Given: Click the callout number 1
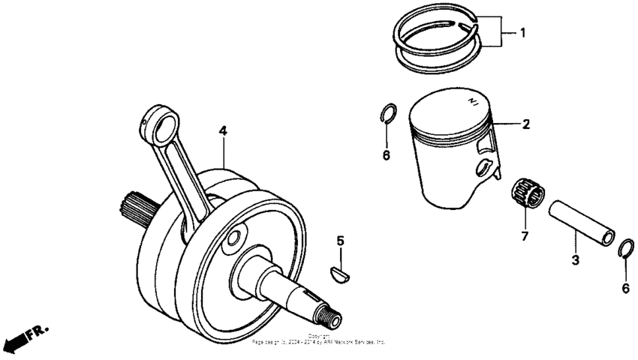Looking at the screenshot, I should [x=524, y=33].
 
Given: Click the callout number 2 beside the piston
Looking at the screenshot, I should [x=526, y=124].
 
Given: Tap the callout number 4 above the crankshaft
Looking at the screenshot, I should [x=223, y=130].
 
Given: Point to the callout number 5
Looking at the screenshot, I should [x=340, y=241].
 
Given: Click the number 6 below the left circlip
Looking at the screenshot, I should [x=387, y=155].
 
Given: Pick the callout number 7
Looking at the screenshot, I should [x=525, y=237].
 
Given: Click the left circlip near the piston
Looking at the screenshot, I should [x=388, y=113].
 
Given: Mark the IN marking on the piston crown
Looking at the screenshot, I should [x=472, y=101].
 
